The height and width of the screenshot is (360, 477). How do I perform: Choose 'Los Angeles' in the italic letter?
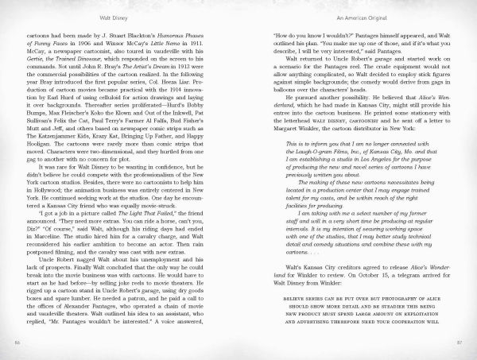click(374, 160)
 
